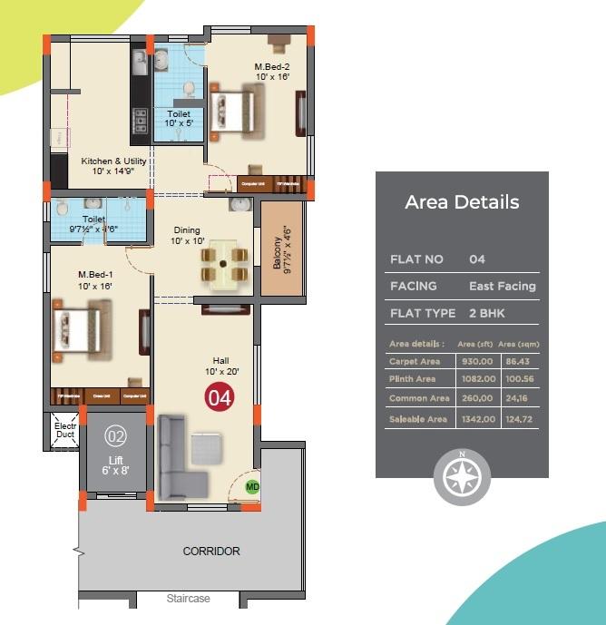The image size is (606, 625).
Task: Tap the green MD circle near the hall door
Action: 253,487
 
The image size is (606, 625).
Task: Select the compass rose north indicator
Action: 462,476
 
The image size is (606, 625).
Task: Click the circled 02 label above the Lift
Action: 115,435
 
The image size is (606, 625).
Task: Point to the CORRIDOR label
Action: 211,552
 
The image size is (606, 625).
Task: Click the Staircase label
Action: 189,599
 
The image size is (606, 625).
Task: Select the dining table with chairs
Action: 223,264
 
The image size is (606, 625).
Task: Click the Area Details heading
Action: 462,202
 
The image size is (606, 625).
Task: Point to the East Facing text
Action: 502,286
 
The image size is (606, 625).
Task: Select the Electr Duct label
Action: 65,429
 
